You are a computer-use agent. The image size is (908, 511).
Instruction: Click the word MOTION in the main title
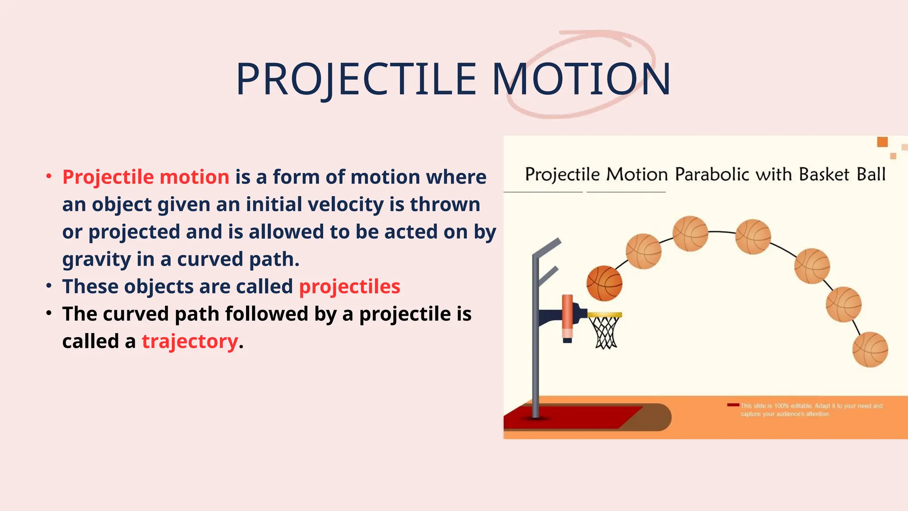(x=581, y=80)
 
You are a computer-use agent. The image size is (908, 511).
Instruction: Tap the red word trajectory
(x=190, y=342)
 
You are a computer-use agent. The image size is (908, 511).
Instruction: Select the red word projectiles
(x=349, y=287)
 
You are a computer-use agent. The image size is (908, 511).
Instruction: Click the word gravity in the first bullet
(x=96, y=259)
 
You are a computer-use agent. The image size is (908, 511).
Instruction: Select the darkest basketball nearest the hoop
(x=604, y=283)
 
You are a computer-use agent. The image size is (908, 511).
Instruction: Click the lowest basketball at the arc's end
(x=870, y=350)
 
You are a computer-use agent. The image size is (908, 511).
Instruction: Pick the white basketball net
(x=606, y=333)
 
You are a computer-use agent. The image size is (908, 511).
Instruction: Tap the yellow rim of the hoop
(x=605, y=315)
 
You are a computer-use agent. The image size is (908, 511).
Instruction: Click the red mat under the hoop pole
(x=572, y=417)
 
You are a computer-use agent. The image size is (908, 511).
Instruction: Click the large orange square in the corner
(x=882, y=142)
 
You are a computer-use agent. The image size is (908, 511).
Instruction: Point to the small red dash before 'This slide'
(x=733, y=405)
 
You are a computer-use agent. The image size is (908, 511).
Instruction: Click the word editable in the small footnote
(x=801, y=406)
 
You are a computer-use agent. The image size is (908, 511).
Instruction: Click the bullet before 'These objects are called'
(x=49, y=286)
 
